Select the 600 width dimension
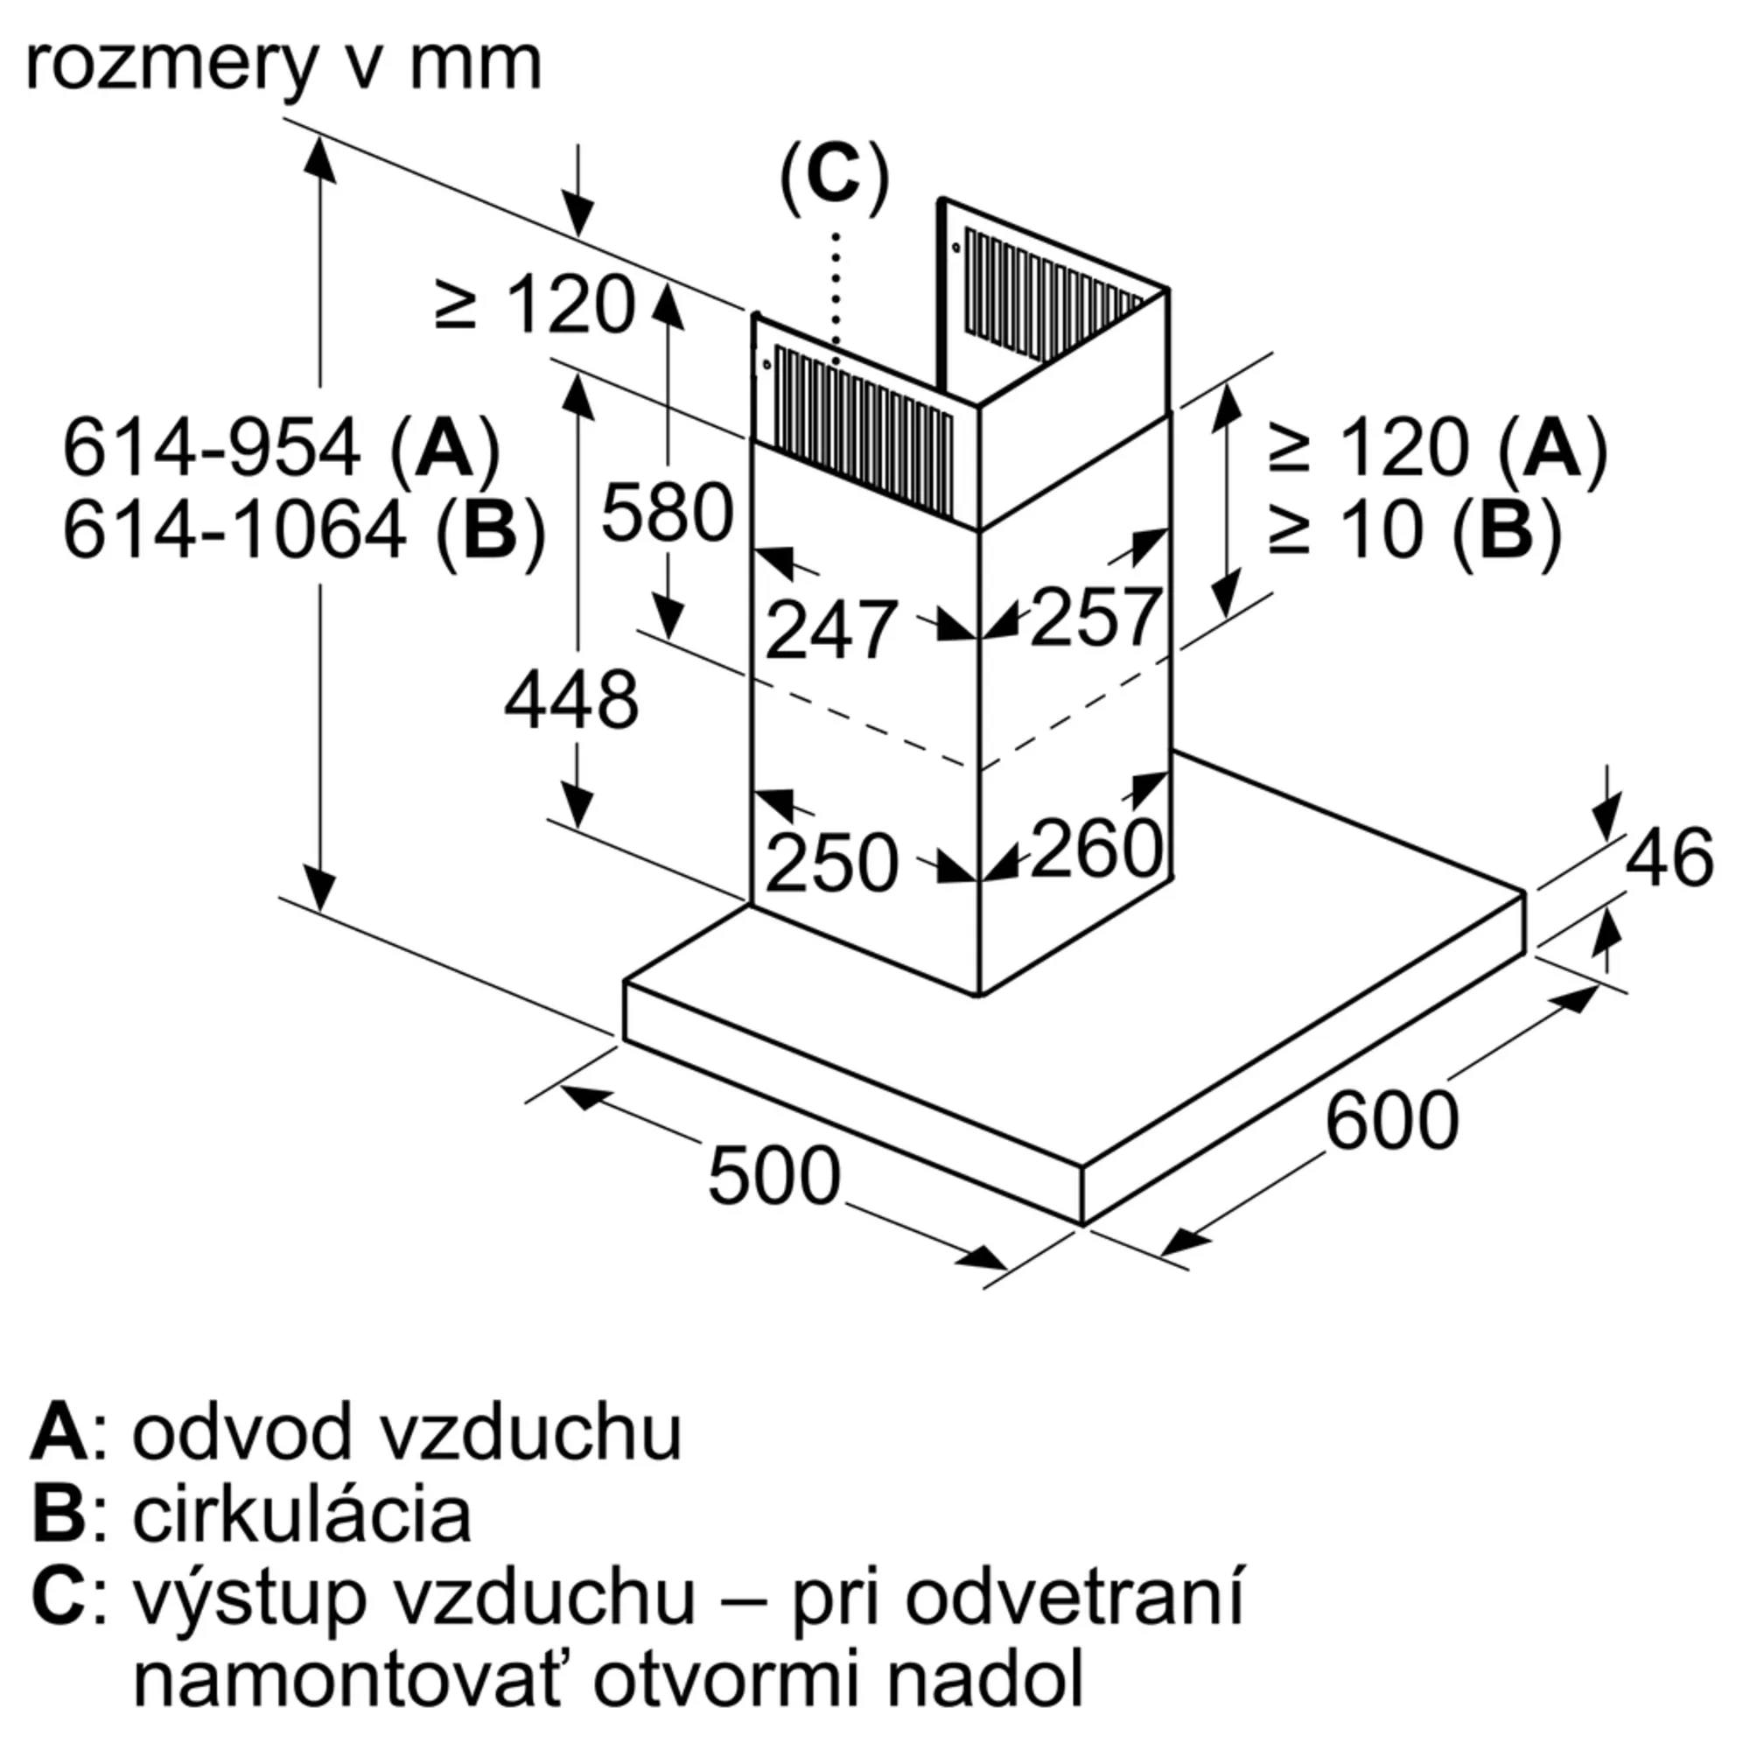[1391, 1121]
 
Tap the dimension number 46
[1669, 857]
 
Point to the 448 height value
[570, 700]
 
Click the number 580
[667, 513]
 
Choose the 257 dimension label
[1095, 618]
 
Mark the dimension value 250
[830, 863]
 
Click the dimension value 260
[1095, 849]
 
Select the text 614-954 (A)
[281, 447]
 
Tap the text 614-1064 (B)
[304, 530]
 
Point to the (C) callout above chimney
[833, 178]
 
